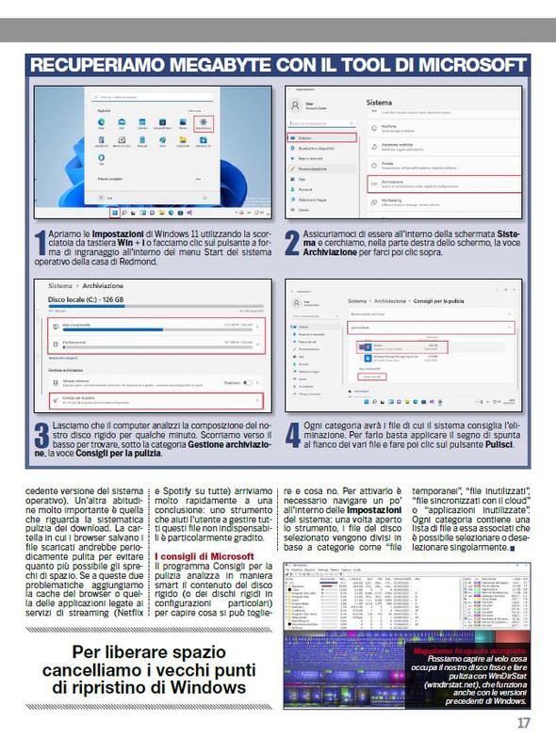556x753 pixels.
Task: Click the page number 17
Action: (523, 723)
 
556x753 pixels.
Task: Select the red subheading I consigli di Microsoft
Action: (204, 556)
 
